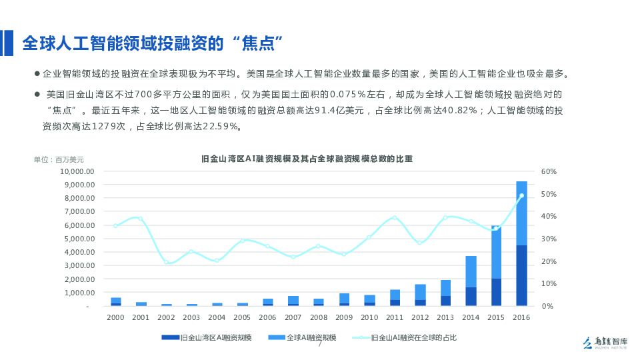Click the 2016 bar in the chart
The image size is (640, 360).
[521, 243]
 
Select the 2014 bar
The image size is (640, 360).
[471, 281]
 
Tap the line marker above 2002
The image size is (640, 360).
[166, 262]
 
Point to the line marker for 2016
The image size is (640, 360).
[521, 195]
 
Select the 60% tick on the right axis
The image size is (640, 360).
[549, 171]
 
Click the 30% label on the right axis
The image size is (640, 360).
[549, 239]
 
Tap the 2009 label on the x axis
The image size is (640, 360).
[343, 317]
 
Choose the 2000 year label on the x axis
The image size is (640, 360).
[115, 317]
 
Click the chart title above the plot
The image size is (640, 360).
[307, 159]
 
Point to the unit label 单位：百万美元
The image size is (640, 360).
[59, 159]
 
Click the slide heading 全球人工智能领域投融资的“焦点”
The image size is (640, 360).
[153, 44]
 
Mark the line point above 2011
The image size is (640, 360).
[394, 217]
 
